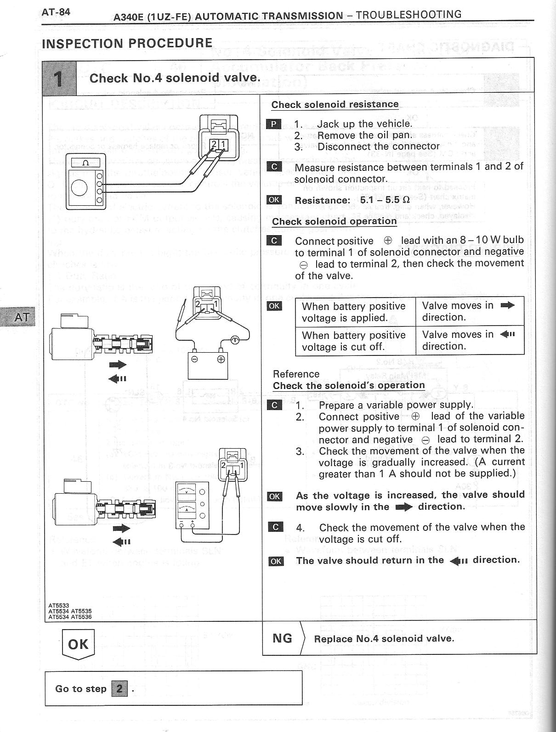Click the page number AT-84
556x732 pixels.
[x=56, y=12]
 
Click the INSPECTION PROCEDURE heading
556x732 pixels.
[x=127, y=43]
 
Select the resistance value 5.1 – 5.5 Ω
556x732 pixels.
[x=385, y=200]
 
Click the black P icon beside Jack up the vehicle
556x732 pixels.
[x=274, y=124]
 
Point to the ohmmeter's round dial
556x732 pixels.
[x=80, y=187]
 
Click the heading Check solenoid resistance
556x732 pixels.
[x=335, y=104]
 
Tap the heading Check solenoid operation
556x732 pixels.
[x=334, y=221]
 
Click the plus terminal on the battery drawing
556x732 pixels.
[x=221, y=359]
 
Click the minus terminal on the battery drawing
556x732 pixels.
[x=195, y=359]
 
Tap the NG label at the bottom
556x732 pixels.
[x=282, y=638]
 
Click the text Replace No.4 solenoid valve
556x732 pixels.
[x=384, y=638]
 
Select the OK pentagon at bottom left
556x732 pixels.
[x=78, y=644]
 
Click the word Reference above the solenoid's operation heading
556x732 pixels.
[x=296, y=374]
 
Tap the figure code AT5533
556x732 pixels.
[x=59, y=606]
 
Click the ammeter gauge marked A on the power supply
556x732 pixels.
[x=187, y=508]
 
